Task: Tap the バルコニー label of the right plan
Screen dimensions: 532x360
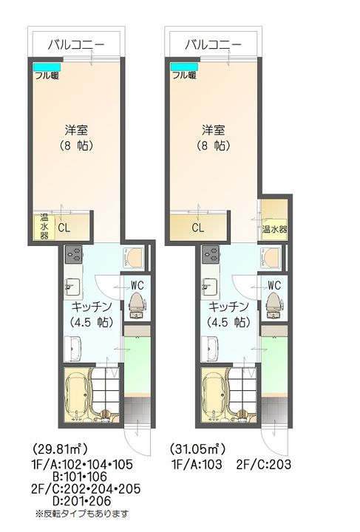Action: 213,44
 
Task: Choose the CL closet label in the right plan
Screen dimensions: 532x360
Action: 197,228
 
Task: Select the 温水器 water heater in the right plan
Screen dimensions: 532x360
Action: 274,229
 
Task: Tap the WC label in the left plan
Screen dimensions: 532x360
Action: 137,284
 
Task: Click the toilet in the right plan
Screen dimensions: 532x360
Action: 274,304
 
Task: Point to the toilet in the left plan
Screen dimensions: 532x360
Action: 137,304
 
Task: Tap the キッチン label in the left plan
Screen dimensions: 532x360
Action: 92,306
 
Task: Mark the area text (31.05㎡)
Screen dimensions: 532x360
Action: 197,449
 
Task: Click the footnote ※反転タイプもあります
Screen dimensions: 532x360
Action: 81,513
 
